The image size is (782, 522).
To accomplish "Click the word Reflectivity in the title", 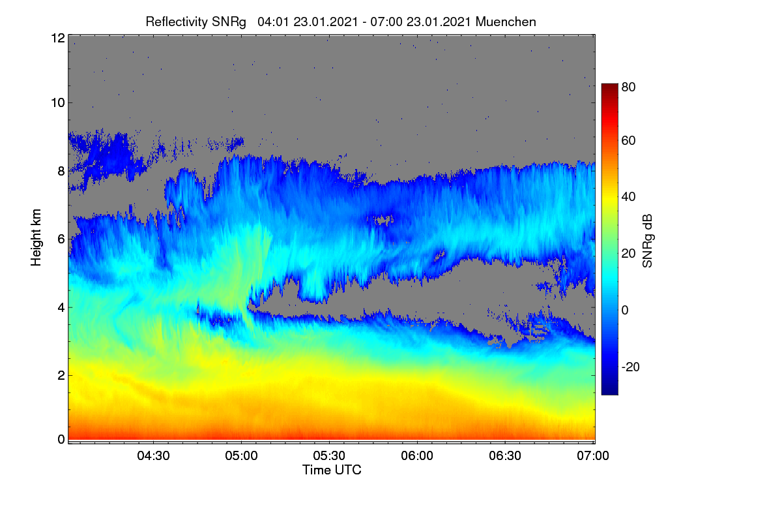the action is (177, 22).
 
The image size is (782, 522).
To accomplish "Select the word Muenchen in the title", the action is (506, 22).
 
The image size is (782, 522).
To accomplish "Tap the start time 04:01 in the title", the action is (273, 22).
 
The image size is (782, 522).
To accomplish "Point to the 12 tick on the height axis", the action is (58, 38).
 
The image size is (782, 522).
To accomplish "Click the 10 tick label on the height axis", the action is (58, 103).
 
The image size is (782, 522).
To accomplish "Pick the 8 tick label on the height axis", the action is (61, 172).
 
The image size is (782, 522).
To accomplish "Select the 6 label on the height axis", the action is (61, 239).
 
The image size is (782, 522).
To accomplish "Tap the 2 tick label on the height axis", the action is (61, 375).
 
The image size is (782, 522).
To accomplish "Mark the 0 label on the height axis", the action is (61, 439).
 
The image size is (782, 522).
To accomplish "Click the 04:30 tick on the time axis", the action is (153, 455).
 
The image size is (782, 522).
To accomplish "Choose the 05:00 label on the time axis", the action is (241, 455).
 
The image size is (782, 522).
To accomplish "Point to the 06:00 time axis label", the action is (417, 455).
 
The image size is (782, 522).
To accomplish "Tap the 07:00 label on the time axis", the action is (593, 455).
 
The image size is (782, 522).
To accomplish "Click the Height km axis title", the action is (36, 238).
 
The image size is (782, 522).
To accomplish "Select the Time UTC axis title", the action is (332, 470).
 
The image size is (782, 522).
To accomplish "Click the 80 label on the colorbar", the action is (628, 87).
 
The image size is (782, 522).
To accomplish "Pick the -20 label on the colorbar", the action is (631, 367).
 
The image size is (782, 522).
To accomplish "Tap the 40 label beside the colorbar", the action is (628, 197).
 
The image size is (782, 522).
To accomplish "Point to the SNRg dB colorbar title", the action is (648, 241).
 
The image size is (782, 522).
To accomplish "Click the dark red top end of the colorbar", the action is (609, 85).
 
